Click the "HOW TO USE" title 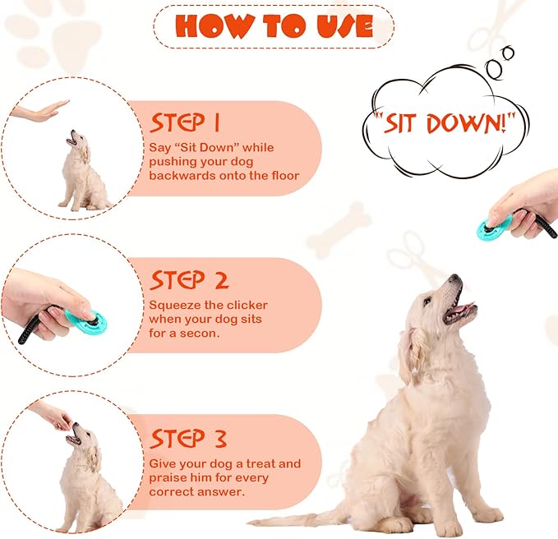point(273,26)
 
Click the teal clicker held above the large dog point(496,226)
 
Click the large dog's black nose point(457,280)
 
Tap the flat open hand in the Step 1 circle point(41,111)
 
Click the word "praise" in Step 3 point(170,477)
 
